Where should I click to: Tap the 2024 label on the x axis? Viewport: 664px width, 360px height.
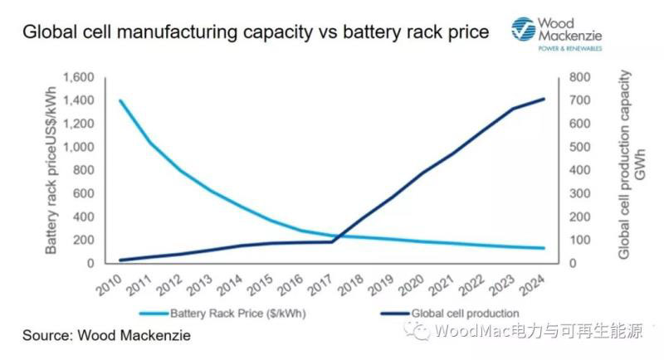click(x=531, y=288)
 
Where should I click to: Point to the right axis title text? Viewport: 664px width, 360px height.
click(x=631, y=166)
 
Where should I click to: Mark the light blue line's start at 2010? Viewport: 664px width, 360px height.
click(x=121, y=100)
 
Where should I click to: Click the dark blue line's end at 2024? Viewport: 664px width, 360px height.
click(x=544, y=99)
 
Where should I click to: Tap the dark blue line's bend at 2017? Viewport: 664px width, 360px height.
click(x=332, y=241)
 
